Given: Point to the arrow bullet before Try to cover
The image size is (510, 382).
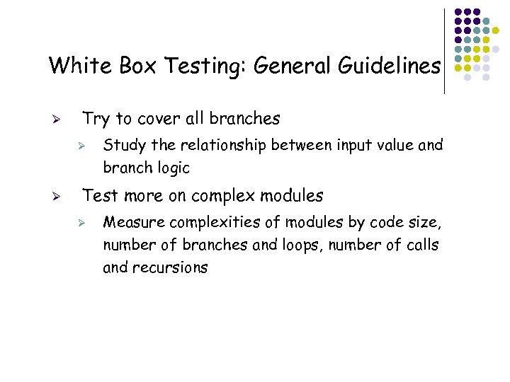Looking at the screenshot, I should click(x=61, y=120).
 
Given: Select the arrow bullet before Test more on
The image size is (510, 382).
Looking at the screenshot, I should click(x=61, y=197).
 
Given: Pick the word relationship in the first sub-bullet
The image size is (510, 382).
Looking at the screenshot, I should click(x=222, y=146).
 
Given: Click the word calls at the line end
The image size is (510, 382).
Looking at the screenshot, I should click(x=422, y=245).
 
